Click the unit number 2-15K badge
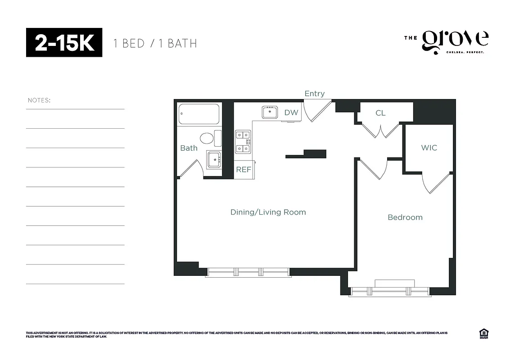[x=64, y=42]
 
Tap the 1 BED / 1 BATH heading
[x=155, y=43]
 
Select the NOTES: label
[x=39, y=100]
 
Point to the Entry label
[x=314, y=94]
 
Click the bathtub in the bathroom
[x=199, y=114]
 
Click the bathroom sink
[x=213, y=159]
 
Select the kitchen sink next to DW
[x=270, y=112]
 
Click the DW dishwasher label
[x=291, y=112]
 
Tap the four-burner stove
[x=243, y=141]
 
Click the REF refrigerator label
[x=244, y=170]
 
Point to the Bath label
[x=189, y=148]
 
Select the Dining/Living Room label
[x=268, y=212]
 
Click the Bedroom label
[x=405, y=217]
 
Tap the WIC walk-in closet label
[x=429, y=148]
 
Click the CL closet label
[x=380, y=113]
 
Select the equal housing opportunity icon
[x=484, y=333]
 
